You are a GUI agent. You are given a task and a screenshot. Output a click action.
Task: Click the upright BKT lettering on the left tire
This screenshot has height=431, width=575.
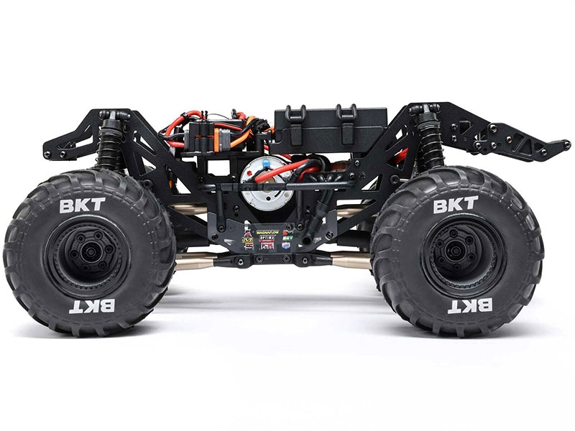click(82, 205)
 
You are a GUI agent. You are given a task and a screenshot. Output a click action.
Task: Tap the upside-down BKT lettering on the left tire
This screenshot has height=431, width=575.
click(91, 306)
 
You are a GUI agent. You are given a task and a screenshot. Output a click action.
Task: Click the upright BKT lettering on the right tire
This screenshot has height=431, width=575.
click(455, 205)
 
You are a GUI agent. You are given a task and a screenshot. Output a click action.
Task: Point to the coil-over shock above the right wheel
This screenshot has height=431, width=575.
click(429, 136)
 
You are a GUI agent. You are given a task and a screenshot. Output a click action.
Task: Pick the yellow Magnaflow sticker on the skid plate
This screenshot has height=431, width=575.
click(267, 231)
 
